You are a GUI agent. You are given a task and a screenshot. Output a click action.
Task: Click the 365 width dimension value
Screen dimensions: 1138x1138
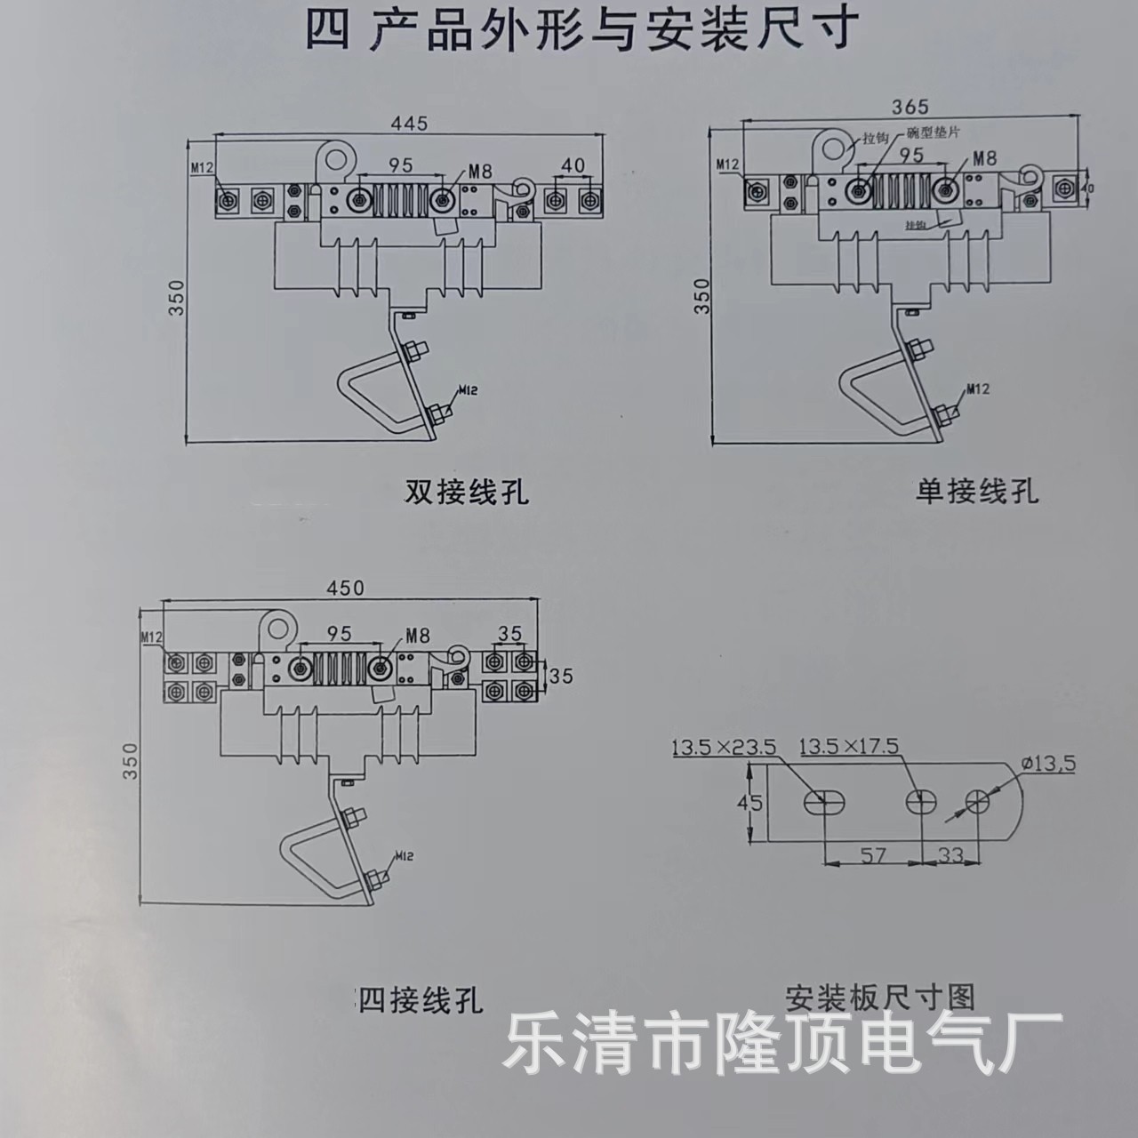910,107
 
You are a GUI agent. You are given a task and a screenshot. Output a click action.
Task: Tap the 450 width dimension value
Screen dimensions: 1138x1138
345,588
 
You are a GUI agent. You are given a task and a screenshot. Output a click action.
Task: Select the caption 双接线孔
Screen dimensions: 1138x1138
467,492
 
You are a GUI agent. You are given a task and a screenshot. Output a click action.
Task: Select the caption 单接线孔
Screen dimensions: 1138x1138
976,490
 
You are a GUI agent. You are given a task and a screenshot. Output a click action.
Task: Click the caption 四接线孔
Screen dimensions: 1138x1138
420,1001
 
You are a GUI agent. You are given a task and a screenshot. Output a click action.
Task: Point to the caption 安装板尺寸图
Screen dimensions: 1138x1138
880,995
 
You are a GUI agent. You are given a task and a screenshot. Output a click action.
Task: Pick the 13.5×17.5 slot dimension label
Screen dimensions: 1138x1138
849,745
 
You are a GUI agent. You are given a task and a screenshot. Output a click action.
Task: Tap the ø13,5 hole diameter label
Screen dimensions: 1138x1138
1049,764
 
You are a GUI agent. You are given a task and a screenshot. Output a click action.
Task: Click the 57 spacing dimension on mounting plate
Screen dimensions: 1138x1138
874,854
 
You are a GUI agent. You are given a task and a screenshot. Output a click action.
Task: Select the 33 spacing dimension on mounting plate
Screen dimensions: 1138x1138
950,854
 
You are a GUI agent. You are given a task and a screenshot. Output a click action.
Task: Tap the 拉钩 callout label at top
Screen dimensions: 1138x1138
875,139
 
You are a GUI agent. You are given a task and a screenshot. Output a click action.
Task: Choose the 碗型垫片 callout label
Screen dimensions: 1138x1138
934,132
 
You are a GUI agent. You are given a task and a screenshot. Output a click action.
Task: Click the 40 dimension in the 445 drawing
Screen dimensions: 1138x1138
573,165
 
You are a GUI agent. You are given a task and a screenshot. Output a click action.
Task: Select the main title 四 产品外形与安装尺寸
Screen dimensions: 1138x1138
582,29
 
